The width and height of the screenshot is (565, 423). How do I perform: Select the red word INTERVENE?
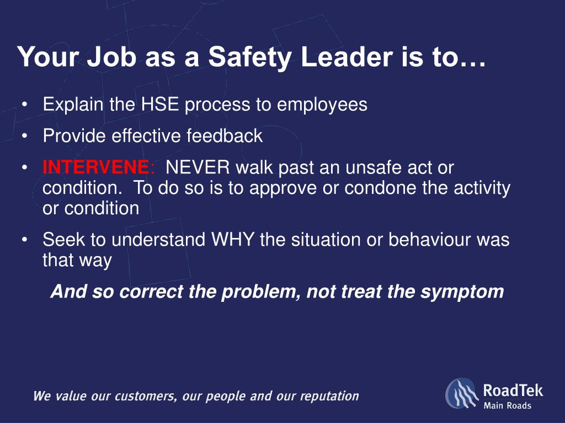click(x=95, y=167)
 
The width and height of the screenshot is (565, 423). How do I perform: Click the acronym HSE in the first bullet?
click(x=160, y=104)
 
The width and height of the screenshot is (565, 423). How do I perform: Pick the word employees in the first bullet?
click(x=322, y=104)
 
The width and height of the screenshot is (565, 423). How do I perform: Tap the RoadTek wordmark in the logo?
click(x=513, y=391)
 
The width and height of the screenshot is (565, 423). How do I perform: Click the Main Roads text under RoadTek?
click(x=507, y=406)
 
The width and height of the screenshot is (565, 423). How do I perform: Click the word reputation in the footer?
click(x=329, y=396)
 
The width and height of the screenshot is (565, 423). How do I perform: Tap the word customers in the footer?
click(x=145, y=396)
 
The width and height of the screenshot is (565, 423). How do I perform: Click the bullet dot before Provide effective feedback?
click(x=25, y=136)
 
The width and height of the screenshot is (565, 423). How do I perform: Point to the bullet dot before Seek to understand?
click(x=25, y=240)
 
